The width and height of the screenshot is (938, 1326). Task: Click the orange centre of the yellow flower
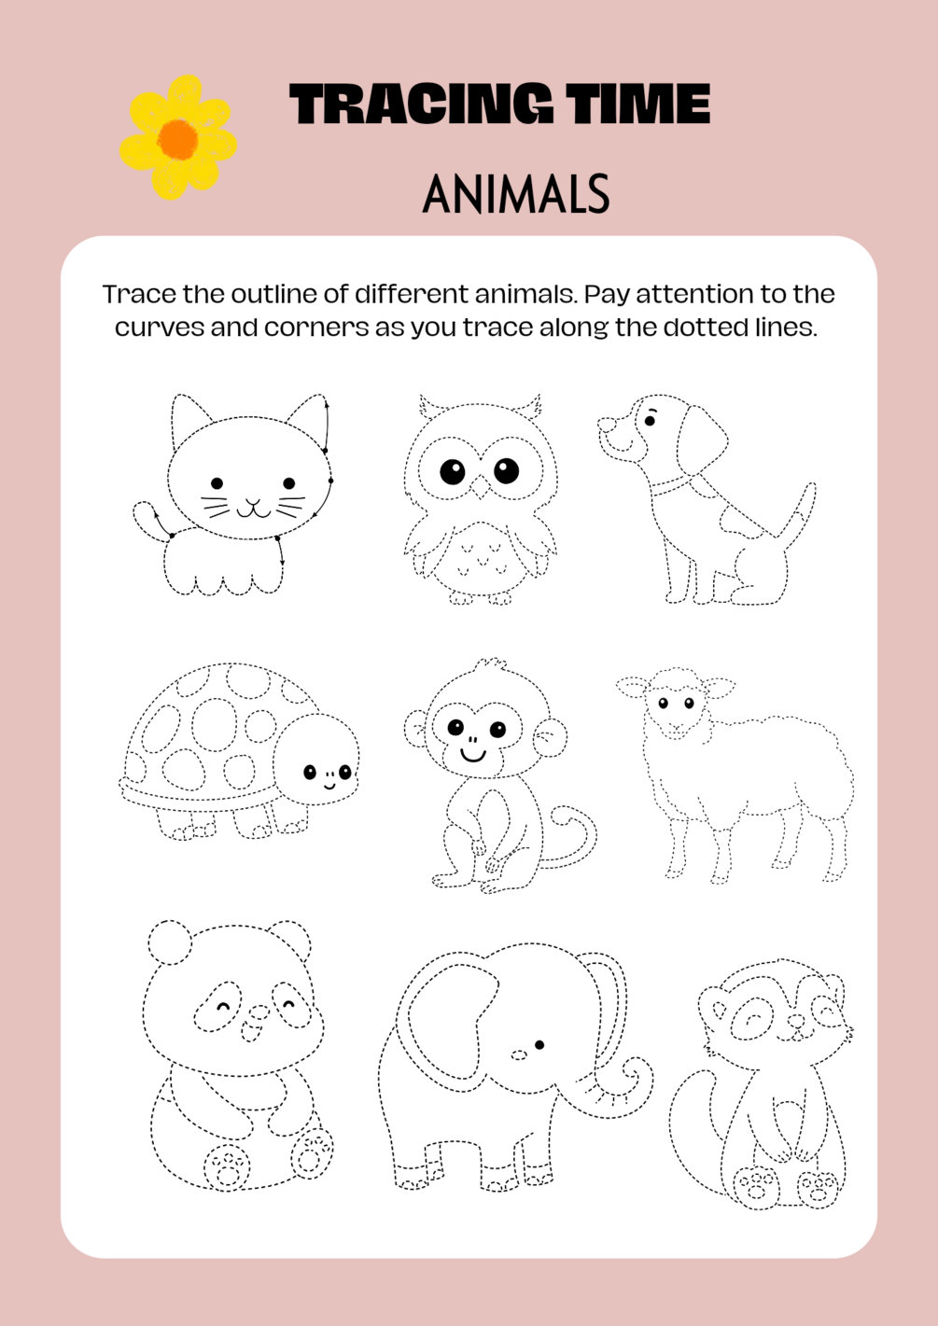tap(178, 138)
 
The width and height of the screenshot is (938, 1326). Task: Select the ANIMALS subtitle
tap(516, 193)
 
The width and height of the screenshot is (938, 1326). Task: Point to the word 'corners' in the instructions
tap(315, 328)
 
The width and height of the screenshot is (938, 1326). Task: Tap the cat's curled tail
tap(147, 518)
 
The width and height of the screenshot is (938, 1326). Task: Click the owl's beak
tap(480, 487)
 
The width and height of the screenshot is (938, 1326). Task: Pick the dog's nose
tap(607, 425)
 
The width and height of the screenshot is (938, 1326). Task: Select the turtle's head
tap(317, 759)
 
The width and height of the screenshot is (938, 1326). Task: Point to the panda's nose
tap(256, 1012)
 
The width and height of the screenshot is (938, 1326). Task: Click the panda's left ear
tap(169, 942)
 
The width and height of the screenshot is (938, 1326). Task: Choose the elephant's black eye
tap(539, 1045)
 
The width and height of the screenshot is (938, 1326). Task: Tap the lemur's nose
tap(796, 1022)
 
